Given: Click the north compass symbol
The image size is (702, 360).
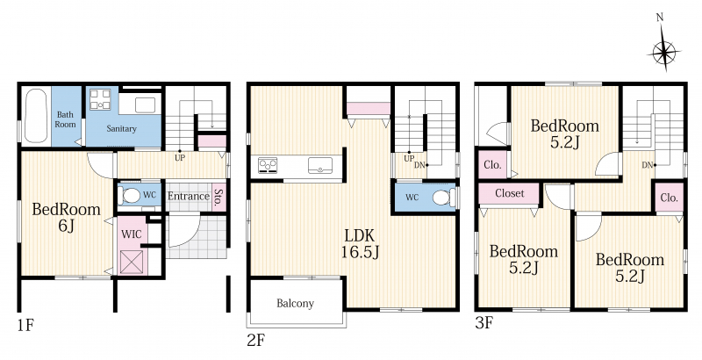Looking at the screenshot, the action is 663,53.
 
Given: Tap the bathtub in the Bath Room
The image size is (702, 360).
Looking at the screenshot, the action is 36,116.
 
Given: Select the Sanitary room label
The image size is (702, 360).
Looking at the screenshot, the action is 121,128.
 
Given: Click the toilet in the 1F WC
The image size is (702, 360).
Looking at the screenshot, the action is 130,196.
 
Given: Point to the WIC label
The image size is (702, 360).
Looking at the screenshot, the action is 132,234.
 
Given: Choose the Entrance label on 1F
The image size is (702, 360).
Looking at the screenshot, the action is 189,196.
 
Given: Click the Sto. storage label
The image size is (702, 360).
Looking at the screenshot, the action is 218,197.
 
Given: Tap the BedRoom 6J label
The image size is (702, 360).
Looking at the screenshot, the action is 67,218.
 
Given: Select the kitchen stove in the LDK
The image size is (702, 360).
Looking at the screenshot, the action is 268,165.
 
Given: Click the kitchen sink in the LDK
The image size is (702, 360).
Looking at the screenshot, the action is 320,165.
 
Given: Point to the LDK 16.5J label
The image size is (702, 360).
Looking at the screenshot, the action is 360,244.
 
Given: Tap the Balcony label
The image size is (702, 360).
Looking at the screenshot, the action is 295,304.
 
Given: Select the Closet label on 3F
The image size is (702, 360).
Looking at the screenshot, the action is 510,193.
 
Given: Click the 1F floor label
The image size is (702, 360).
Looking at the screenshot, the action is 25,325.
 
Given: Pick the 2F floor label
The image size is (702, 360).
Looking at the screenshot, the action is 256,341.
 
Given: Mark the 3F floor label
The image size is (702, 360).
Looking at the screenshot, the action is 484,323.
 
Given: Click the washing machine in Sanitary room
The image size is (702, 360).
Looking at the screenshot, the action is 100,99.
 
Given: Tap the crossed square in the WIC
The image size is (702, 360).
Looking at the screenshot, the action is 132,262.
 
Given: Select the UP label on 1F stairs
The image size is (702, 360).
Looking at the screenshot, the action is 180,158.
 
